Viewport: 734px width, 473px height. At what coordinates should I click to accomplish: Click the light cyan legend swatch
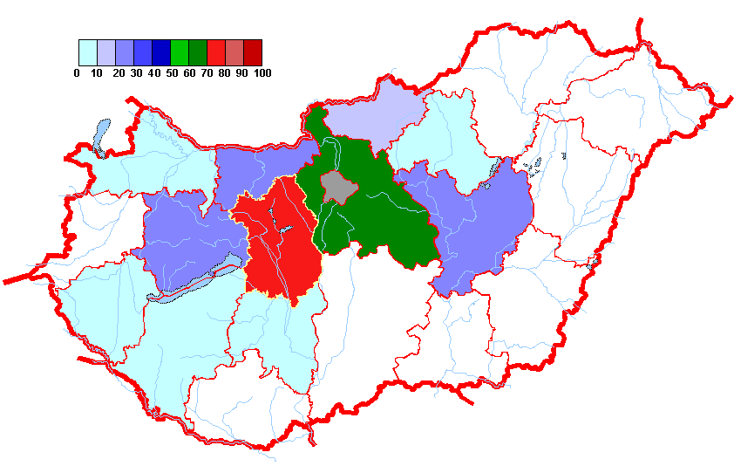(87, 52)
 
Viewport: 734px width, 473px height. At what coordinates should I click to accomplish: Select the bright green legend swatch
(179, 52)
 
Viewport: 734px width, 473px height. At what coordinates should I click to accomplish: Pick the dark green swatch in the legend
(197, 52)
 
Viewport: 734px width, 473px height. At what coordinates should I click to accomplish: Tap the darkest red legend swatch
(252, 52)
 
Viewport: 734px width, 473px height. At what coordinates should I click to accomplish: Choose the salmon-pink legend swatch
(234, 52)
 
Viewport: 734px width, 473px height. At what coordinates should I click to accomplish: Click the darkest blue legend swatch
(160, 52)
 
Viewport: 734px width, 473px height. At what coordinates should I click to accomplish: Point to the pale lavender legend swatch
(105, 52)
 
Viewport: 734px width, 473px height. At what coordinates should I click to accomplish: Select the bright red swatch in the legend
(215, 52)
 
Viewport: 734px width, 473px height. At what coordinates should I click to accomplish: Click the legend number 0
(78, 73)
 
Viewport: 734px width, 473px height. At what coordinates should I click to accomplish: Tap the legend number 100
(262, 73)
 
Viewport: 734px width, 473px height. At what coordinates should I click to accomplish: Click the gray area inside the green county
(338, 186)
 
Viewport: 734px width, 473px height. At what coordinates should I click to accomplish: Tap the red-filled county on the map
(279, 253)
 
